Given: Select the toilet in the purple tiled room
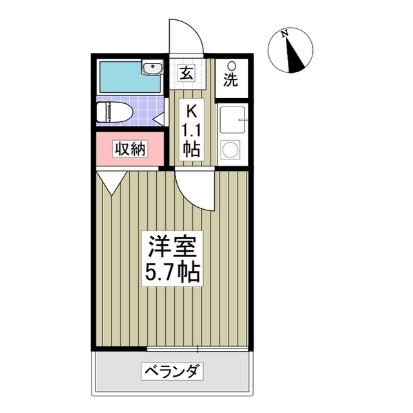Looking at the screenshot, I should [116, 112].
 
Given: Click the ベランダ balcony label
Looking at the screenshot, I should [172, 372].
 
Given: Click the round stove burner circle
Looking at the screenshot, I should [230, 150].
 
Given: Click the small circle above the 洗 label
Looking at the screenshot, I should [231, 66].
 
